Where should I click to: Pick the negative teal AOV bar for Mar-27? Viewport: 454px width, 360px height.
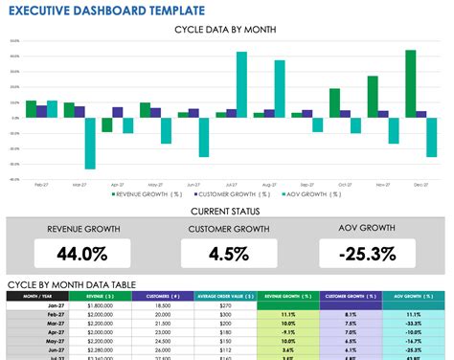click(x=90, y=143)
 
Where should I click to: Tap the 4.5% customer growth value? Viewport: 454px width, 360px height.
click(x=227, y=253)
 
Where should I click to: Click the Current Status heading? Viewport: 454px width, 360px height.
click(x=226, y=210)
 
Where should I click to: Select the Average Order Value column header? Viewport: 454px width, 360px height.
click(x=225, y=296)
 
